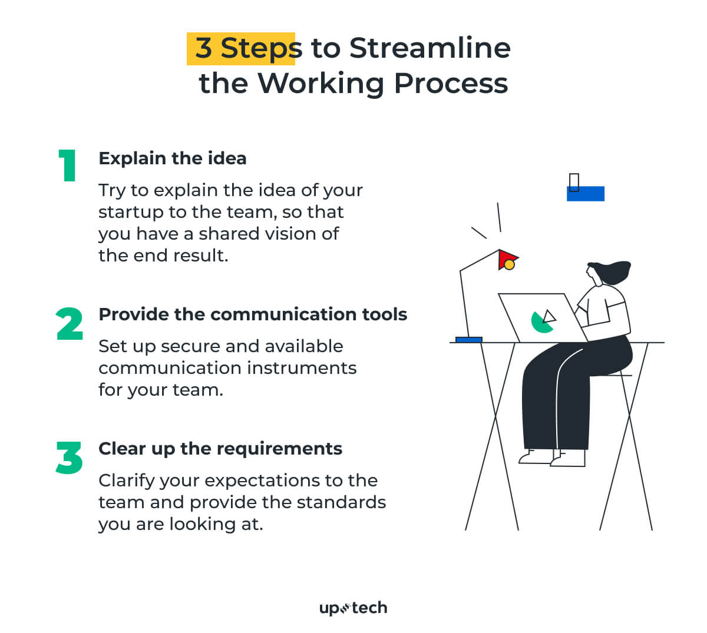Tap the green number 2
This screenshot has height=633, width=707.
coord(70,324)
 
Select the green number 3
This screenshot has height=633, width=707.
coord(70,458)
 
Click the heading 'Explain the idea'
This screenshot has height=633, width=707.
coord(173,158)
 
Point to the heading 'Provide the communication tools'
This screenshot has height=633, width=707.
coord(253,314)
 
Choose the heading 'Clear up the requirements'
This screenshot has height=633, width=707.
coord(220,449)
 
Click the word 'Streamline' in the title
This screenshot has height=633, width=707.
coord(430,48)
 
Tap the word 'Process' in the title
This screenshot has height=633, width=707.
coord(451,83)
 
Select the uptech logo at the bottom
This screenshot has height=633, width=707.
coord(353,608)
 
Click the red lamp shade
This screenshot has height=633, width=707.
coord(505,257)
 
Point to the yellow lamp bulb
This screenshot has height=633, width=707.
coord(510,265)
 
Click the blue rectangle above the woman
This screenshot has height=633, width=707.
coord(586,194)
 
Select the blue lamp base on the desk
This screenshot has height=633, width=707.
coord(469,340)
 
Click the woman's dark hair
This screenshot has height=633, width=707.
coord(610,271)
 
